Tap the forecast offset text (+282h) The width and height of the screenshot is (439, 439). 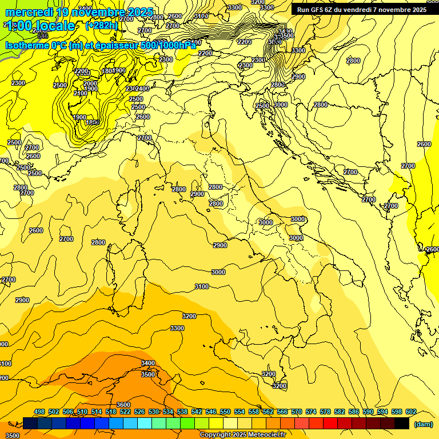[x=102, y=25]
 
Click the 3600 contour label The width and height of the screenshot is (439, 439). [x=123, y=405]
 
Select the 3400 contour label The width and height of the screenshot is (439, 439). [x=148, y=363]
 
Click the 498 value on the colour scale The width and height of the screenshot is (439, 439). [x=39, y=412]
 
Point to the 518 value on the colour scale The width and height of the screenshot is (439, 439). [x=111, y=412]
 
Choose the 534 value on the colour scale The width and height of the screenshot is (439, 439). [x=168, y=412]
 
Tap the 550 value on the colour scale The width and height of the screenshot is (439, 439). [x=225, y=412]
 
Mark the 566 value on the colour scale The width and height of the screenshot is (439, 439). [x=282, y=412]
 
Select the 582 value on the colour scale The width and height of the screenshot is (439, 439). [x=340, y=412]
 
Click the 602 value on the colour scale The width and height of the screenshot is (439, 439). [x=410, y=412]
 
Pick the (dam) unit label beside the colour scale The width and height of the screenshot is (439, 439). [x=422, y=424]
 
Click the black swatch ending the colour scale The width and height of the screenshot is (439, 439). [x=402, y=424]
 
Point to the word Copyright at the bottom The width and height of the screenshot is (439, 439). [x=216, y=435]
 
